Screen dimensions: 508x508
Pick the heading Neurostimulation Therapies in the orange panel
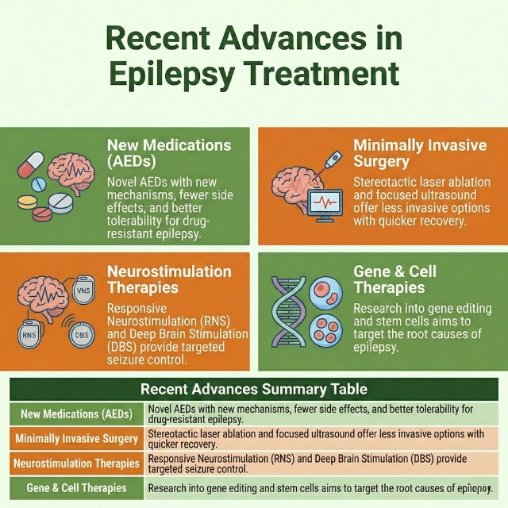pyautogui.click(x=169, y=279)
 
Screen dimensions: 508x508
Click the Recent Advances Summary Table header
pyautogui.click(x=254, y=389)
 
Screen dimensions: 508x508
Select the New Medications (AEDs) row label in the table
pyautogui.click(x=77, y=414)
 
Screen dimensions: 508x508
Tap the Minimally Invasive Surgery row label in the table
pyautogui.click(x=77, y=438)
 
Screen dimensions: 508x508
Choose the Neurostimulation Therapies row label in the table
pyautogui.click(x=77, y=463)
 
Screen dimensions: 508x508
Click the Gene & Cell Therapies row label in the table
pyautogui.click(x=77, y=487)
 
